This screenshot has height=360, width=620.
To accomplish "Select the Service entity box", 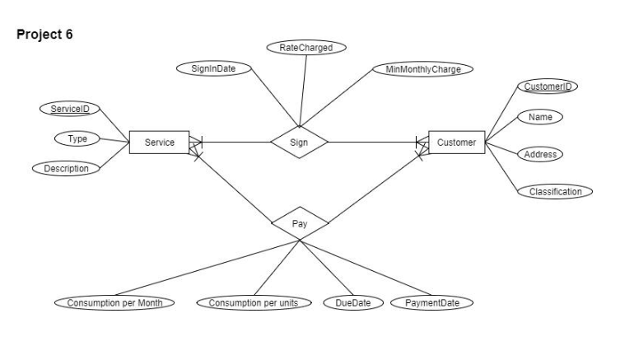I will [159, 143].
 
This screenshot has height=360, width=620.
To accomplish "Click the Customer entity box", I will [456, 143].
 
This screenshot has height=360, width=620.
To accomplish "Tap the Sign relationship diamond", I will [300, 143].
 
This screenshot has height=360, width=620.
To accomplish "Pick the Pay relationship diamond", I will [300, 222].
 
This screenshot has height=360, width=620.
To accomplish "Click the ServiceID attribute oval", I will [69, 110].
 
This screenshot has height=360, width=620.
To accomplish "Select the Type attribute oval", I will [77, 138].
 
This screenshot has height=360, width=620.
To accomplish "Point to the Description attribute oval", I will [66, 168].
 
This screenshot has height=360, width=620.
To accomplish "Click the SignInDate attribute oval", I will [212, 68].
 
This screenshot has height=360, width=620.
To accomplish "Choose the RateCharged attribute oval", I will [306, 48].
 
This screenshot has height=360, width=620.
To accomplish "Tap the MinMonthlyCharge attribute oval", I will [423, 68].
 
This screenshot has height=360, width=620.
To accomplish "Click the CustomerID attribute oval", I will [547, 87].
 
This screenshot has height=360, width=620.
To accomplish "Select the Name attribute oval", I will [540, 117].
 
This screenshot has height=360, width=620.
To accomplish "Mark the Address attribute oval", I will [541, 154].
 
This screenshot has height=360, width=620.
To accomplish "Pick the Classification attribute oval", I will [555, 191].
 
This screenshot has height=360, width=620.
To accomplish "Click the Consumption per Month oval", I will [115, 302].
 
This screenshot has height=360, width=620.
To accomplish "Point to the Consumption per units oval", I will [254, 302].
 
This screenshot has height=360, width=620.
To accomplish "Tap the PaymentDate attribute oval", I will [432, 302].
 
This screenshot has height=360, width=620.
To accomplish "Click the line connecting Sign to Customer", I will [371, 143].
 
